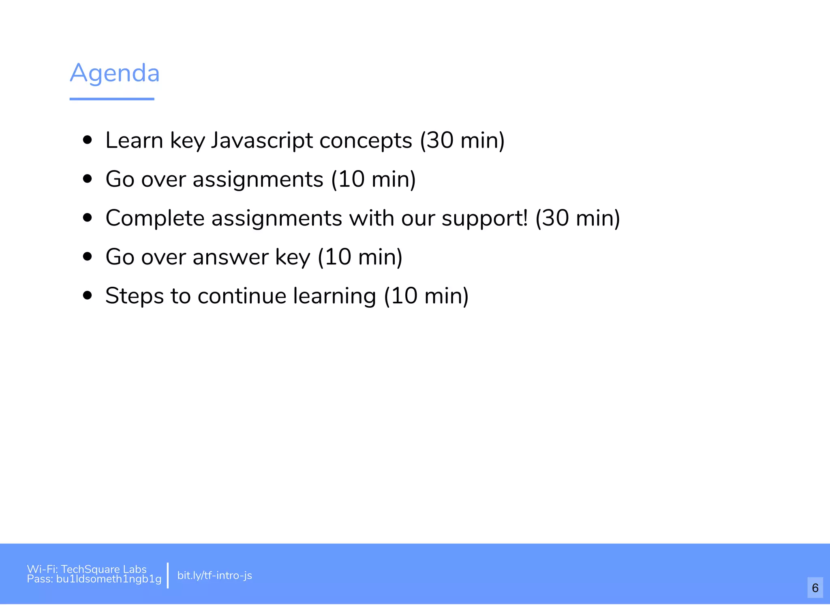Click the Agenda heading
tap(115, 73)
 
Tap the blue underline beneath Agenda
tap(112, 99)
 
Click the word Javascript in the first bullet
tap(262, 141)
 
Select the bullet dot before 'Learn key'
tap(87, 140)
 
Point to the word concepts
tap(366, 141)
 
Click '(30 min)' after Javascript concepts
tap(462, 141)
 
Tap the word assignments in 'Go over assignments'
tap(258, 179)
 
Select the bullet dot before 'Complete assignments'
tap(87, 218)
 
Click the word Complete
tap(155, 218)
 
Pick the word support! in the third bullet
tap(485, 219)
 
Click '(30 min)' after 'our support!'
tap(578, 218)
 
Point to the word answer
tap(231, 257)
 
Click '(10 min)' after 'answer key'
tap(360, 257)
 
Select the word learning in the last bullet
tap(335, 296)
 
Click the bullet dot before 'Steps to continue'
tap(87, 296)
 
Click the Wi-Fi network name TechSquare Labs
tap(104, 569)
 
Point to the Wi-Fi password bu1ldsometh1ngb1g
tap(109, 579)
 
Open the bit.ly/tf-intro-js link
tap(215, 575)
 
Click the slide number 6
tap(815, 588)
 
